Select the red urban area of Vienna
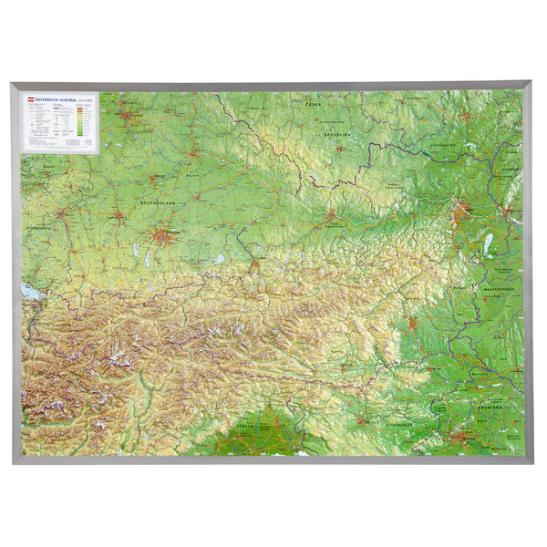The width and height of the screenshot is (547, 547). click(x=461, y=216)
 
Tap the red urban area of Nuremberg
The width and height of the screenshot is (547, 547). click(x=133, y=119)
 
